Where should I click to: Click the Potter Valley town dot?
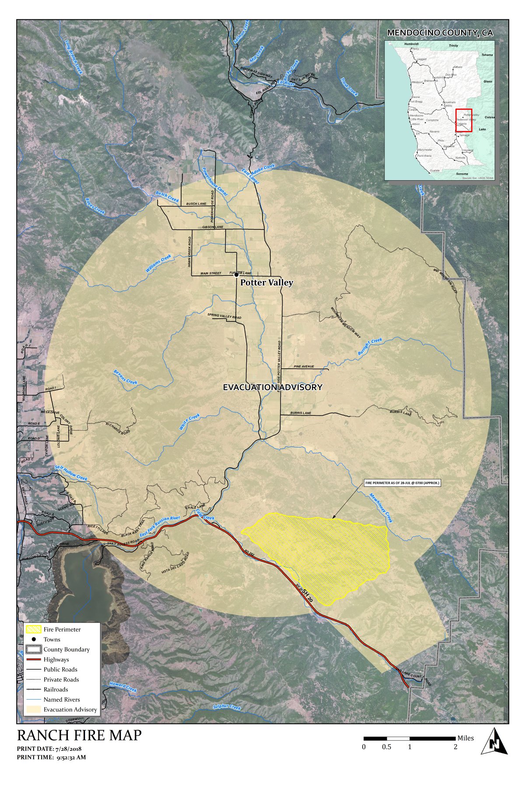point(237,275)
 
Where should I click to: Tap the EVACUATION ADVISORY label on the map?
point(273,387)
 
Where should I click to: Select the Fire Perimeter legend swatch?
point(33,630)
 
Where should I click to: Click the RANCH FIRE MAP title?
point(79,735)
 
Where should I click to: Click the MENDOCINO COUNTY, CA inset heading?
point(440,33)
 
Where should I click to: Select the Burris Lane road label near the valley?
point(301,413)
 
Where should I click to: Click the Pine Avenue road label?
point(304,366)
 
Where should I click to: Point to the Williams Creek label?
point(158,264)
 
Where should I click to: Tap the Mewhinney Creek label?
point(381,508)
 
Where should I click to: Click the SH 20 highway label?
point(307,596)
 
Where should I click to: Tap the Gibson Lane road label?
point(213,227)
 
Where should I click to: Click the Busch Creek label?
point(168,197)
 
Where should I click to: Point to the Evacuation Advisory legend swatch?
point(33,710)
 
